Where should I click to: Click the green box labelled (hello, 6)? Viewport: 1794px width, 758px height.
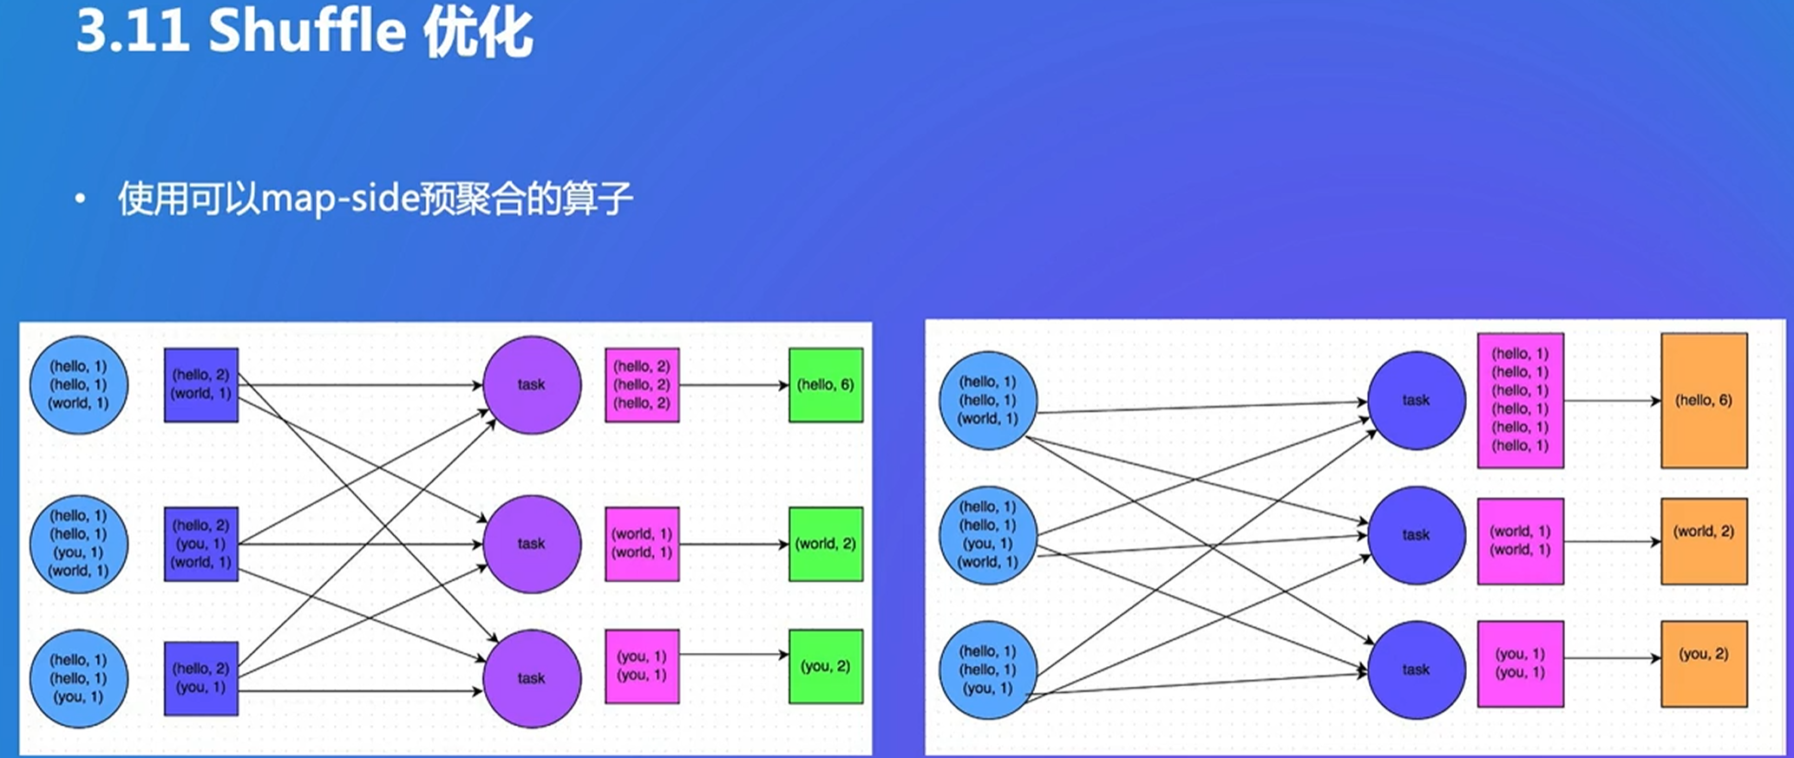825,385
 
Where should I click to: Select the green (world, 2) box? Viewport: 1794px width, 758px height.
825,544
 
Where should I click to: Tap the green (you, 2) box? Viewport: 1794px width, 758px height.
825,666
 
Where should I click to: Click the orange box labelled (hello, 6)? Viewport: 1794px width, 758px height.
1703,401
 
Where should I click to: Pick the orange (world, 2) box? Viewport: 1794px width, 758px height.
1703,541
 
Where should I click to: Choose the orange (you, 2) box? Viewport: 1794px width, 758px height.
1703,663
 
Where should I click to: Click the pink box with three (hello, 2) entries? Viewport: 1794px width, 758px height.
642,385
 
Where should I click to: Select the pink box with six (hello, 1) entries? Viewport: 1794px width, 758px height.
1520,401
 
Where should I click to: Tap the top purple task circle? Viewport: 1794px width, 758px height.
532,385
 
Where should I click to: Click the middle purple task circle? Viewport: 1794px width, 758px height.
532,544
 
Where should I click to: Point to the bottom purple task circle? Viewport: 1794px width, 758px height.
532,678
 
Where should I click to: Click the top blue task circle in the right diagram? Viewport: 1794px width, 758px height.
1416,401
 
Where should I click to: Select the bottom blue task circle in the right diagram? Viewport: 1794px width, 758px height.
1416,670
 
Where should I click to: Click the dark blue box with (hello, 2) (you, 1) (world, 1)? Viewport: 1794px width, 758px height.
200,544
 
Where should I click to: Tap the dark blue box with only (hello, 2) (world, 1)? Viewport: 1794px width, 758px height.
200,385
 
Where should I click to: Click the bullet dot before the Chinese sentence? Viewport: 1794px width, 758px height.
81,200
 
